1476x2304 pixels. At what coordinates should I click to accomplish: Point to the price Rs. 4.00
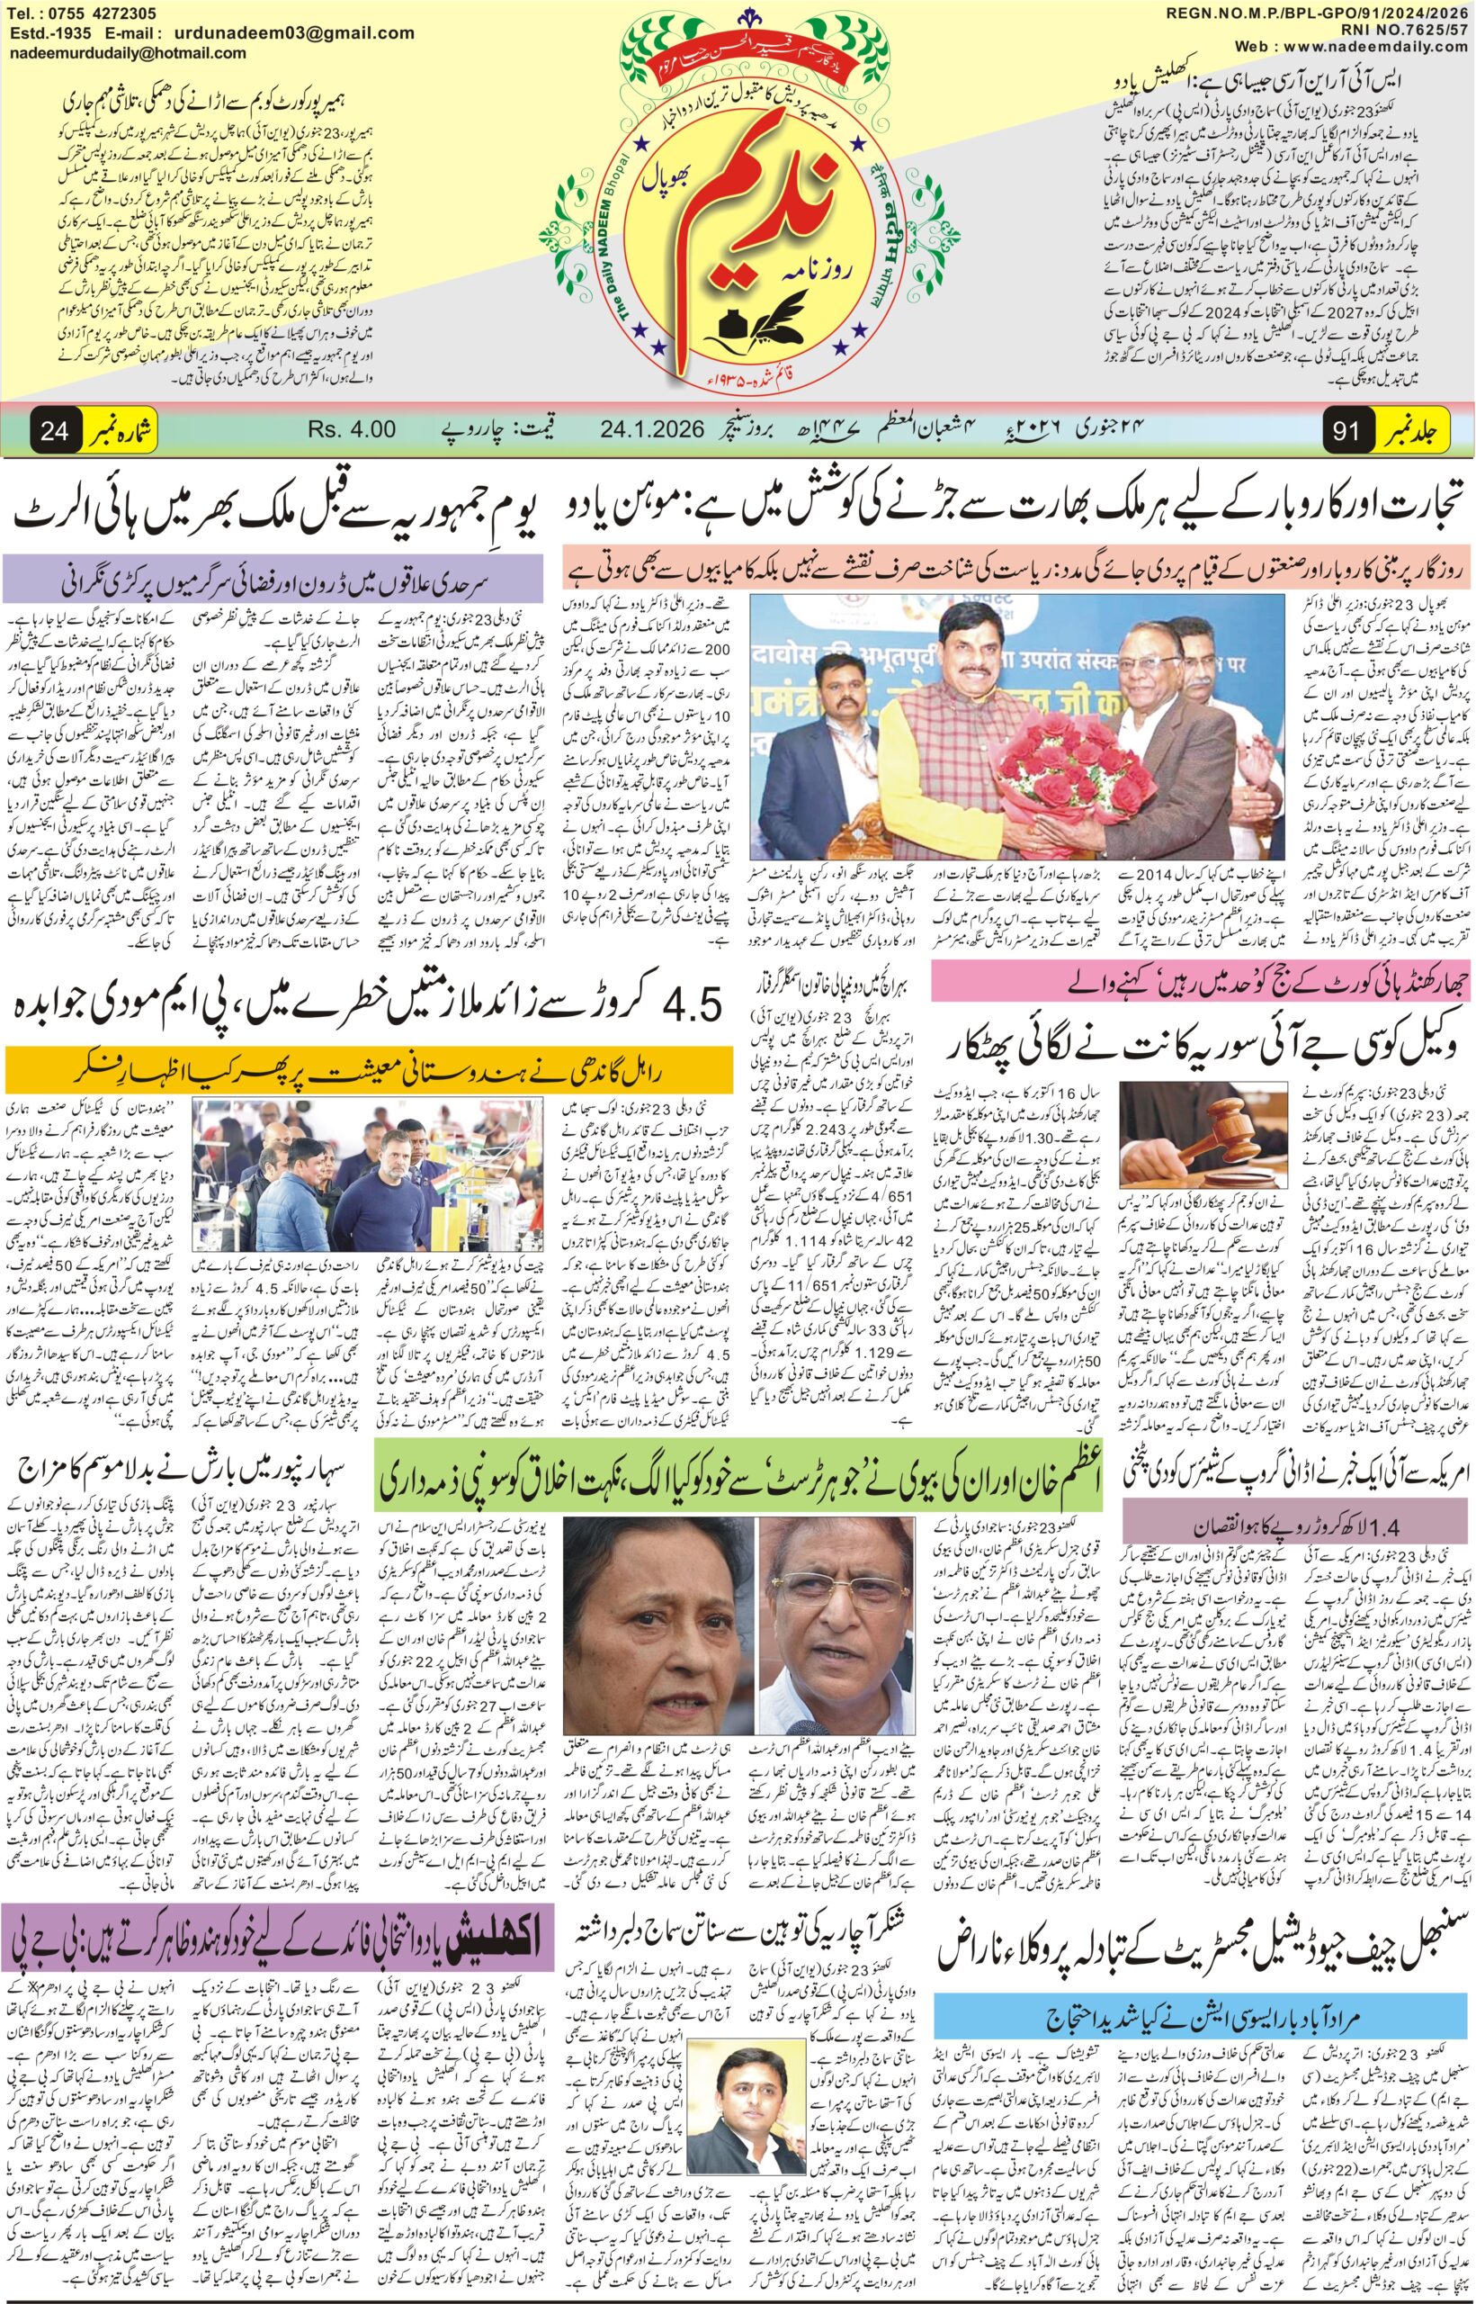[x=352, y=428]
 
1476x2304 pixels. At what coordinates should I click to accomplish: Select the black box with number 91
[x=1346, y=430]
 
